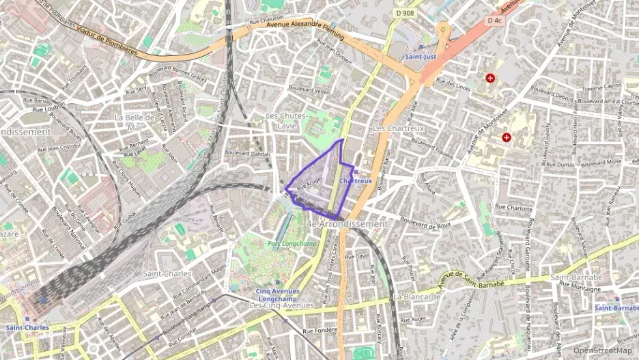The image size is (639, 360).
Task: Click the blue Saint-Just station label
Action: click(421, 57)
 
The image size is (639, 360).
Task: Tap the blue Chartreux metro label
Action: click(356, 181)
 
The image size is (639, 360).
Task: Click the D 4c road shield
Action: click(494, 20)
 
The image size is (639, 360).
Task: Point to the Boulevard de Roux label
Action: click(426, 221)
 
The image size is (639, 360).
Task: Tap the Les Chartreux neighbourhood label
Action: click(399, 128)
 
